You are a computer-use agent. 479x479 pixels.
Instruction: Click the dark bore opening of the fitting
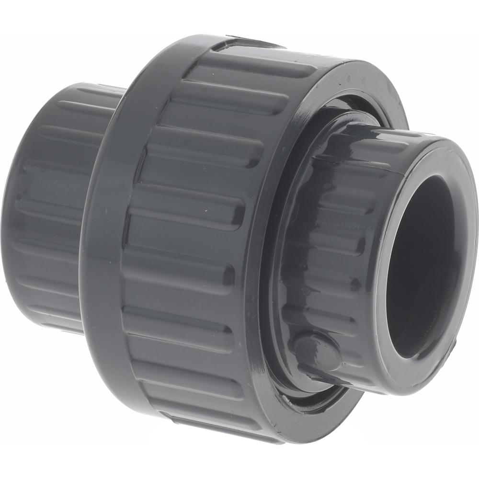pos(422,263)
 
